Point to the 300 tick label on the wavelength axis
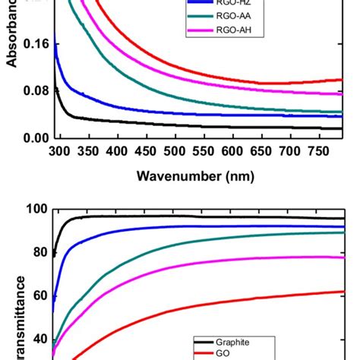coord(61,151)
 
